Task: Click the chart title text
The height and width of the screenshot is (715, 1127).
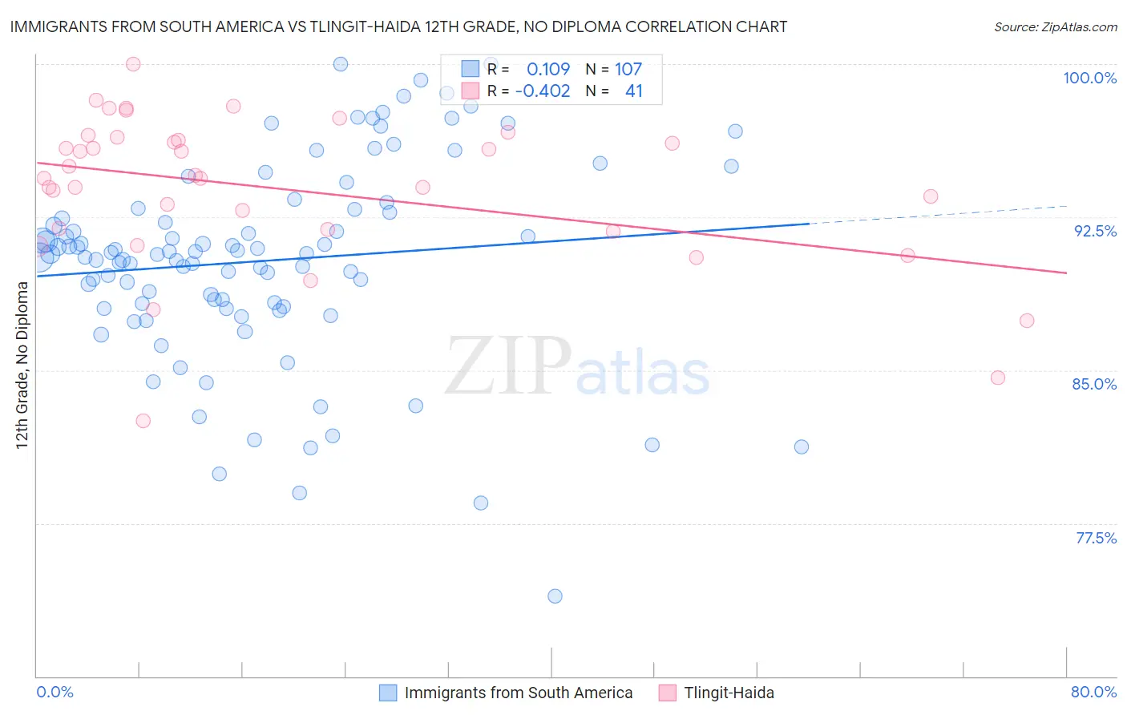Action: tap(398, 26)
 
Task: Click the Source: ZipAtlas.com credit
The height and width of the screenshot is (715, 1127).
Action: tap(1055, 26)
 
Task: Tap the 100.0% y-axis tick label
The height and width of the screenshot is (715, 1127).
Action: tap(1089, 78)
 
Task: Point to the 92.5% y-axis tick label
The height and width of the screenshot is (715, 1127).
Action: tap(1095, 231)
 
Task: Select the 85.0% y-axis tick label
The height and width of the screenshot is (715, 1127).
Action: tap(1094, 384)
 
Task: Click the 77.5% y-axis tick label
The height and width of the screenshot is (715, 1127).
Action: tap(1096, 538)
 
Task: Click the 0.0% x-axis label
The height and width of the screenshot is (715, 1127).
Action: tap(55, 692)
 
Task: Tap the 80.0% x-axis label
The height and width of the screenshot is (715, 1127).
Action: tap(1093, 692)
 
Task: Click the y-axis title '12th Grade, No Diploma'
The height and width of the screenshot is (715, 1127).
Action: tap(22, 365)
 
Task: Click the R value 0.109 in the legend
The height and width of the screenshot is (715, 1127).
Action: tap(548, 70)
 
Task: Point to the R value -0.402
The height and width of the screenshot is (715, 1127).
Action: tap(543, 91)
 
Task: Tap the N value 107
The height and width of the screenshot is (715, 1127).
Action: tap(628, 70)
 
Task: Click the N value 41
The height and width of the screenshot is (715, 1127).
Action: tap(633, 91)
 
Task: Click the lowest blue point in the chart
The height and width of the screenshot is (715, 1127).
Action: tap(555, 596)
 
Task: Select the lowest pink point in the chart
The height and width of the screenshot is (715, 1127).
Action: tap(143, 421)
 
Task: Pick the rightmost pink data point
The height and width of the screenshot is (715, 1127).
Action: tap(1027, 321)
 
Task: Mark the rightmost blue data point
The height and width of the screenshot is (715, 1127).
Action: tap(802, 447)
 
